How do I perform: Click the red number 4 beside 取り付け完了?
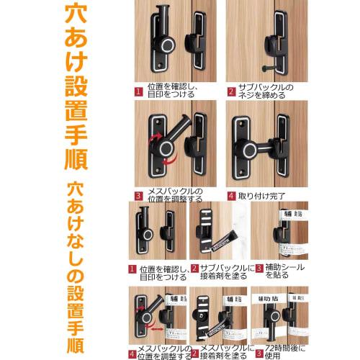[x=231, y=195]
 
